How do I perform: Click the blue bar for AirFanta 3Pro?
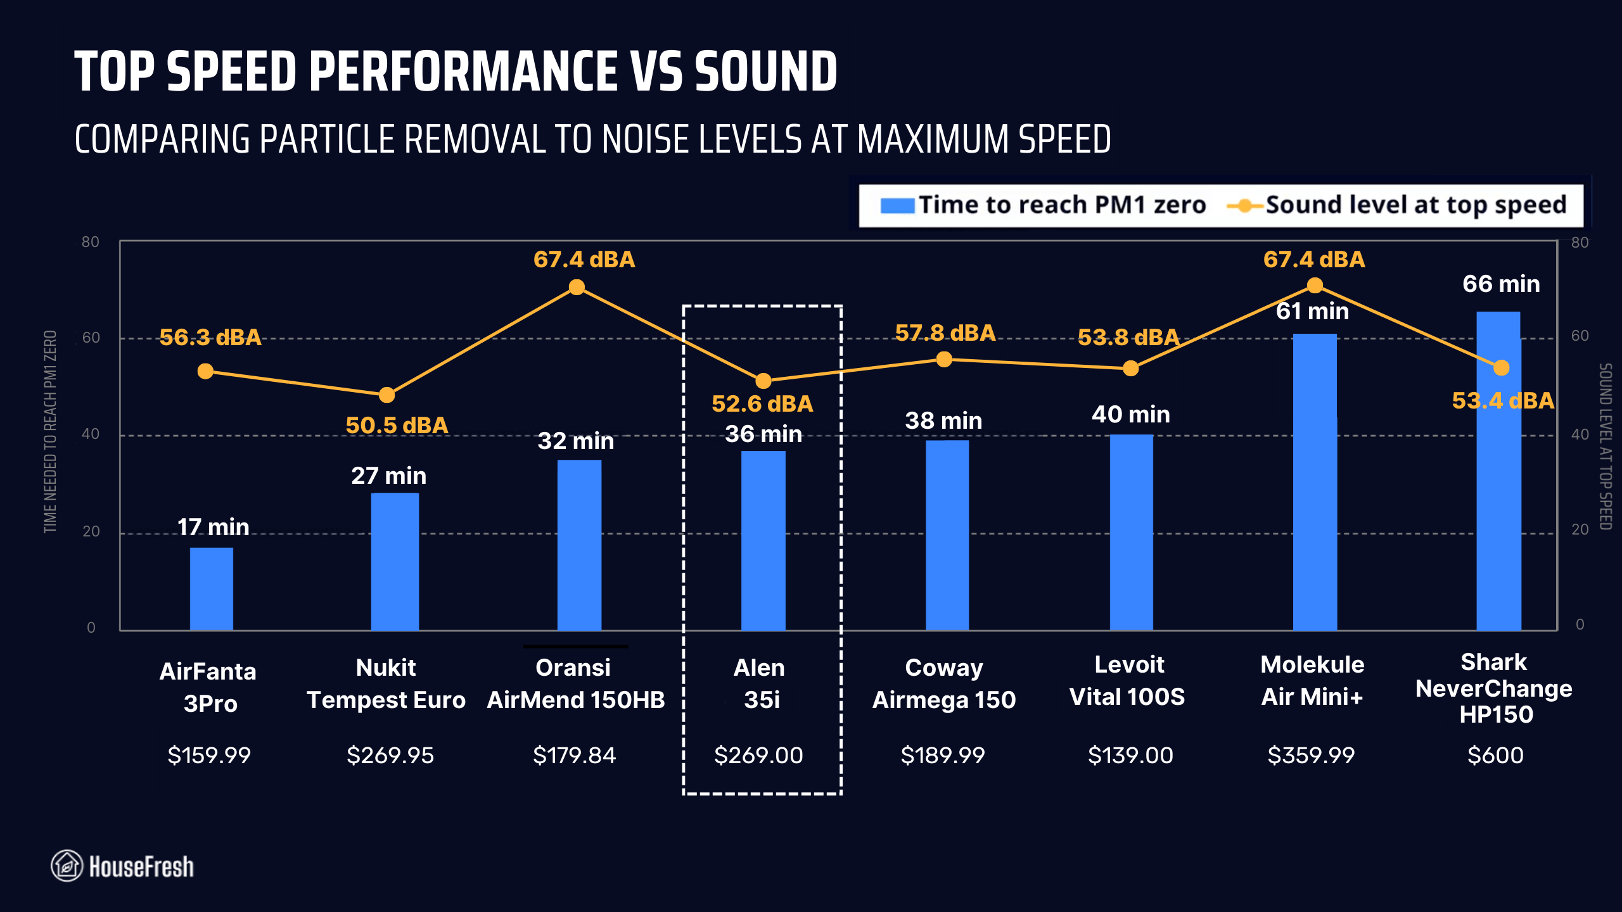click(x=211, y=589)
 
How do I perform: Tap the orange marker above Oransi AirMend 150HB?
click(x=577, y=288)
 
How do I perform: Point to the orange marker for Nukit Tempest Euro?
click(x=386, y=395)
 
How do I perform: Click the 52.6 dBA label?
click(x=762, y=403)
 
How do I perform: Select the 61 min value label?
click(x=1312, y=311)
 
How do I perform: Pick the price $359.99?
click(x=1311, y=755)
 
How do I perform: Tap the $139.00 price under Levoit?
click(x=1130, y=755)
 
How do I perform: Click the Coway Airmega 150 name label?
click(x=944, y=683)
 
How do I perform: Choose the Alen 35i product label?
click(x=760, y=683)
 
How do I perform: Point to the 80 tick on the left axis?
click(x=91, y=242)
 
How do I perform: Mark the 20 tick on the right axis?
click(x=1580, y=529)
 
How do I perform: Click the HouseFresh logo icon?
click(x=67, y=866)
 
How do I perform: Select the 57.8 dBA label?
click(x=945, y=333)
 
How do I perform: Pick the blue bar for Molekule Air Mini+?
click(x=1315, y=481)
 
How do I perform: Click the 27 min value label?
click(x=388, y=476)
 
